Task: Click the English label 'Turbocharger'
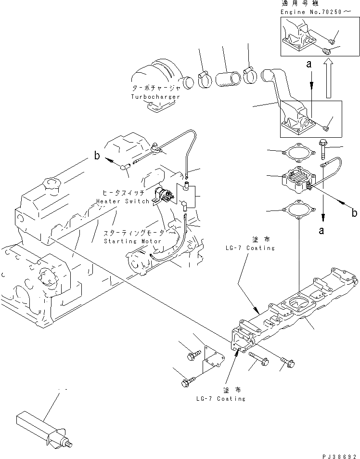[x=155, y=97]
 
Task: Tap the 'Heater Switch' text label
[x=122, y=201]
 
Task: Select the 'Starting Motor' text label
[x=133, y=241]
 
